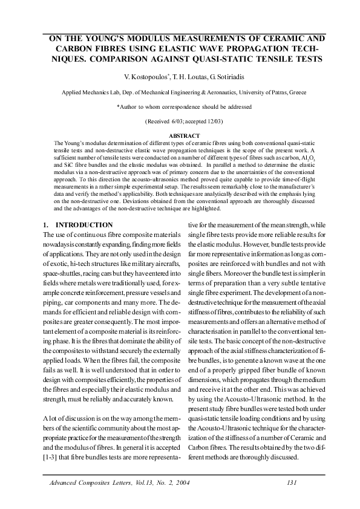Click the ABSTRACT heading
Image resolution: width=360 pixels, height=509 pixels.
pos(180,136)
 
